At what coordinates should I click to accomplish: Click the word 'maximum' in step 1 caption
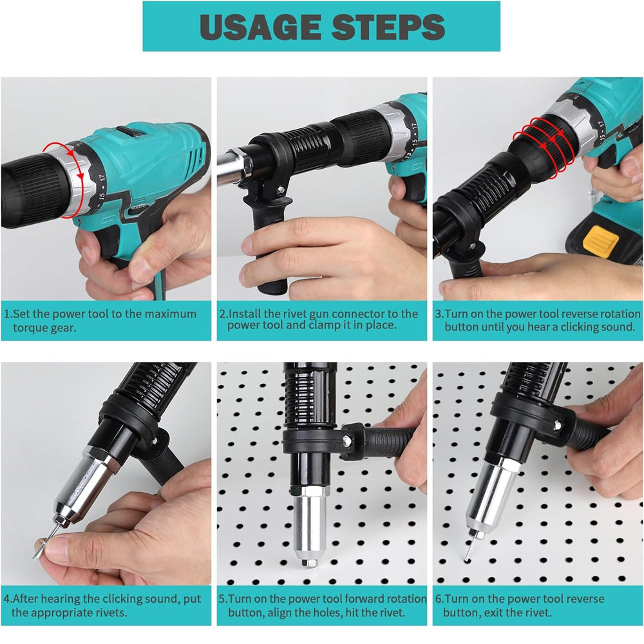point(169,314)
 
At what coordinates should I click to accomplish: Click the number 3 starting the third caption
point(439,314)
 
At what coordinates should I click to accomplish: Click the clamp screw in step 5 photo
point(346,442)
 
